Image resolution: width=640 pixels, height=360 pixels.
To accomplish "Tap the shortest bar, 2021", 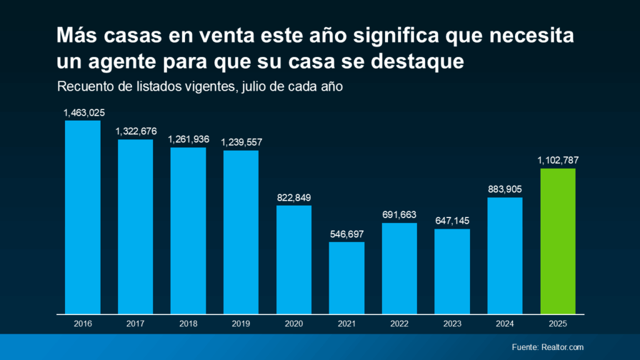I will (x=346, y=277).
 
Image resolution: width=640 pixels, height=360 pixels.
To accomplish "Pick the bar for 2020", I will (x=294, y=259).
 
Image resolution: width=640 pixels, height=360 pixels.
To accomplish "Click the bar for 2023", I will (x=452, y=271).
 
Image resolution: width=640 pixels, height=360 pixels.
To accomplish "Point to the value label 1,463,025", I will (x=84, y=113).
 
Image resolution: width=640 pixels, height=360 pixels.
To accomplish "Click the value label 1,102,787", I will (x=557, y=161).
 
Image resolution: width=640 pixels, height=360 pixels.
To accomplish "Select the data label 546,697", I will (x=346, y=234).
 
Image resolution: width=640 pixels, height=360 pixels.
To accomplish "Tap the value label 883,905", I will (x=505, y=190).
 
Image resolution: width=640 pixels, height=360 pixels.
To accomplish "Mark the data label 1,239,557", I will (x=241, y=142).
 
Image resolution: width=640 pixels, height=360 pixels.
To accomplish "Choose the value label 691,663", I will (x=399, y=215).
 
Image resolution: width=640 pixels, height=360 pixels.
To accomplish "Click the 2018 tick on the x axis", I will (x=188, y=324).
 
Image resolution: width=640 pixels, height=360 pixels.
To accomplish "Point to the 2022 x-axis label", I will (x=399, y=324).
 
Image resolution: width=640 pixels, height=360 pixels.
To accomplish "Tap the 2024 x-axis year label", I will (x=505, y=324).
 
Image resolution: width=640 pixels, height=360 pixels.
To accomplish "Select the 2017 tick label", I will (x=135, y=324).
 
